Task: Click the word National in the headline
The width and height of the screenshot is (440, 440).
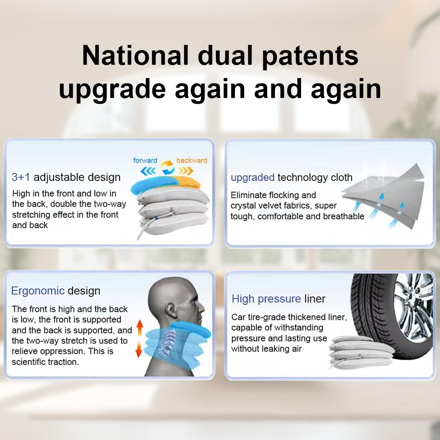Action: pos(135,56)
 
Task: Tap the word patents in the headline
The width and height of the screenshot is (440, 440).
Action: pos(310,57)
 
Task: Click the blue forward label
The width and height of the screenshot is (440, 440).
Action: pos(145,160)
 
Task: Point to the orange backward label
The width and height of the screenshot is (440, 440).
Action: pos(192,160)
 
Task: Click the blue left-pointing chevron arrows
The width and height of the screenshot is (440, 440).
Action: pos(148,171)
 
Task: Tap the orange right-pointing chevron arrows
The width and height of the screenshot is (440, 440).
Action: pos(186,171)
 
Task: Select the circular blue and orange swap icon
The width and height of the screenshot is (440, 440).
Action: pos(167,168)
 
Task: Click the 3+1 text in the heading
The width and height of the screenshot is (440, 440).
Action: pos(20,177)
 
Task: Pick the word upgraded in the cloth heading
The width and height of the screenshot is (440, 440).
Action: pos(252,178)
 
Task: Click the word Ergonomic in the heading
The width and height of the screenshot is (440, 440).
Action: pos(38,291)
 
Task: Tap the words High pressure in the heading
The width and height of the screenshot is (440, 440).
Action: pos(266,299)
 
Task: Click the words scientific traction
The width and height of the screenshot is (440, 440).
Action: pos(45,362)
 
